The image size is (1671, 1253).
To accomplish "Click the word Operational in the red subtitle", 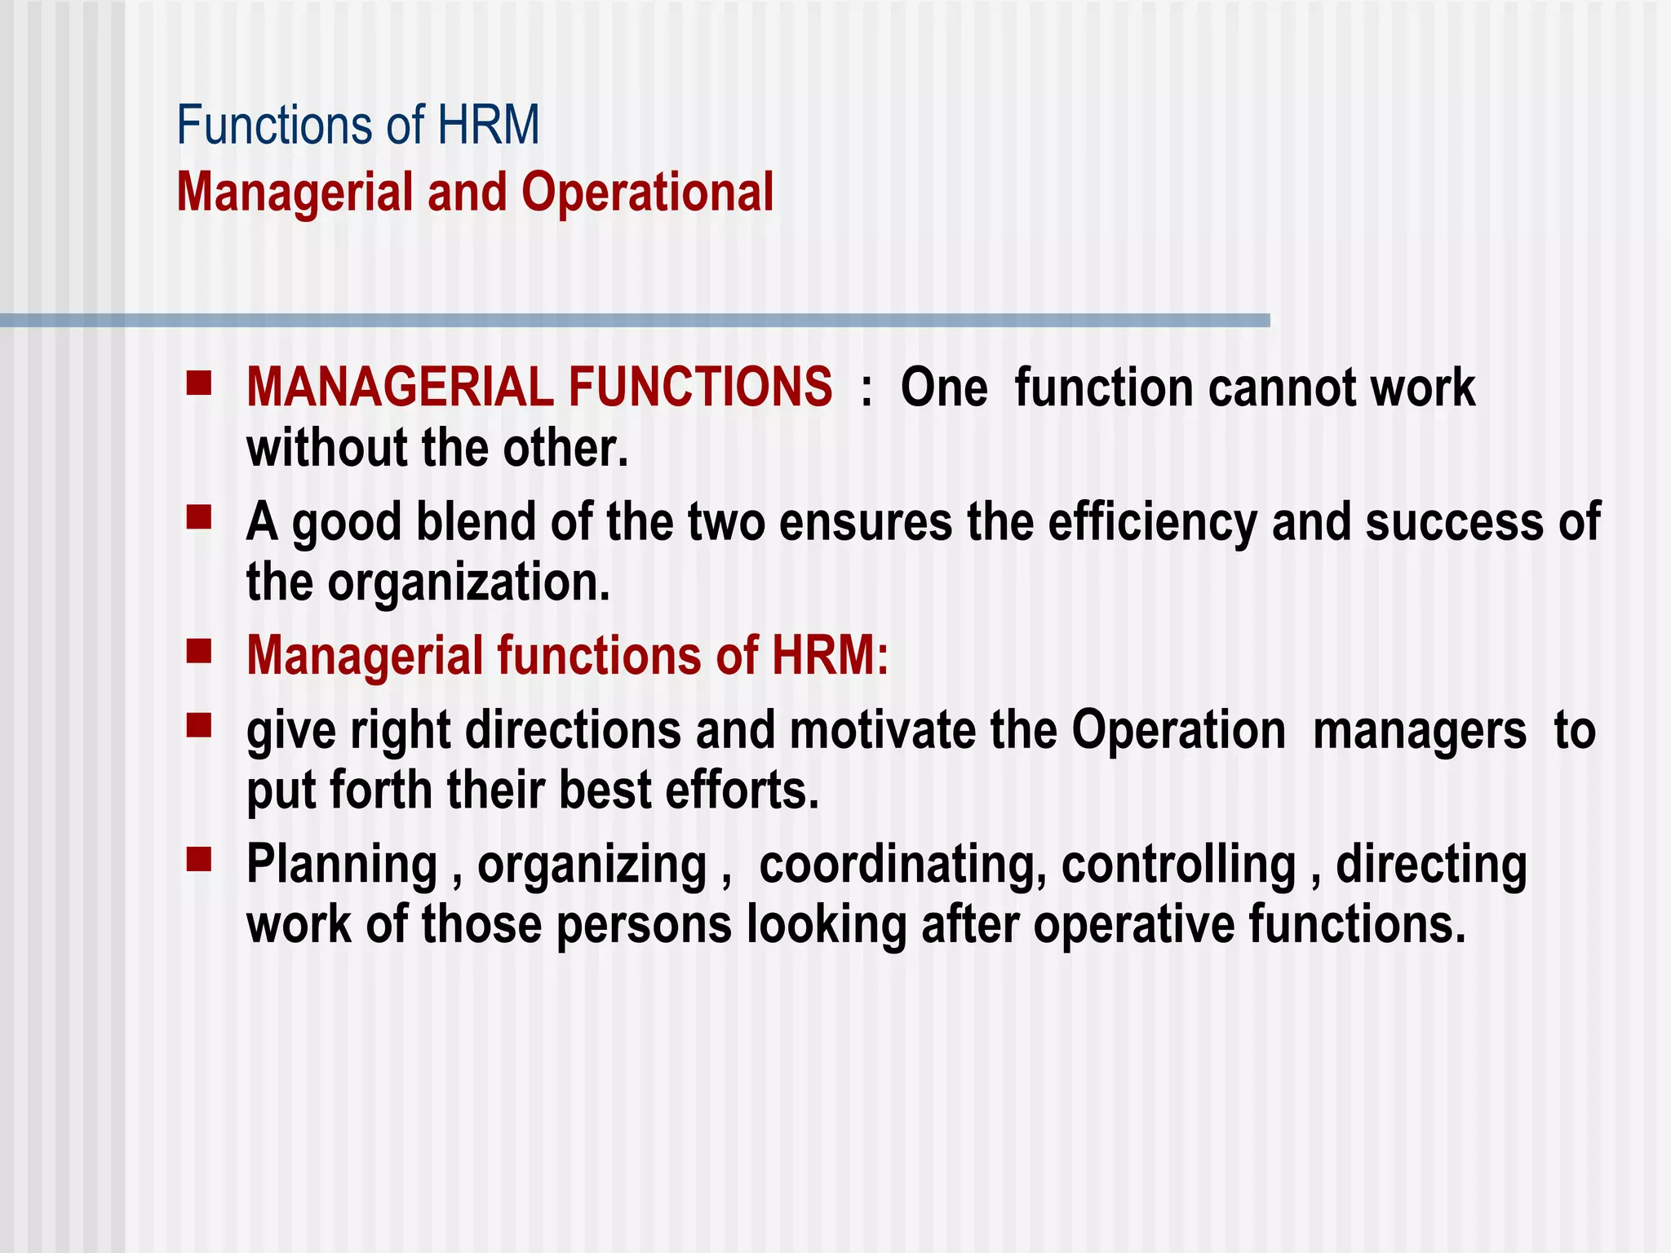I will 647,193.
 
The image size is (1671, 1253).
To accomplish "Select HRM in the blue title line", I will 488,126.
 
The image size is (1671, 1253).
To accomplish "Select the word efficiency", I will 1152,524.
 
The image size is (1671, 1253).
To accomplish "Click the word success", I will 1455,522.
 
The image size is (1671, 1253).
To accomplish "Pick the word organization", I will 469,584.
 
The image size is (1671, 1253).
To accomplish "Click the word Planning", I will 343,866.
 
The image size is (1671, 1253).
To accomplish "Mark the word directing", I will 1431,866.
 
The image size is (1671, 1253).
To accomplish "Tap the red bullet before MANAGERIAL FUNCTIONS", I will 199,383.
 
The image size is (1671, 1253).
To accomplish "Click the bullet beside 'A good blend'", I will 199,518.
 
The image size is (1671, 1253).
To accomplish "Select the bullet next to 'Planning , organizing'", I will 199,860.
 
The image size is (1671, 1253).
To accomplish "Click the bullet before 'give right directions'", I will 199,725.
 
